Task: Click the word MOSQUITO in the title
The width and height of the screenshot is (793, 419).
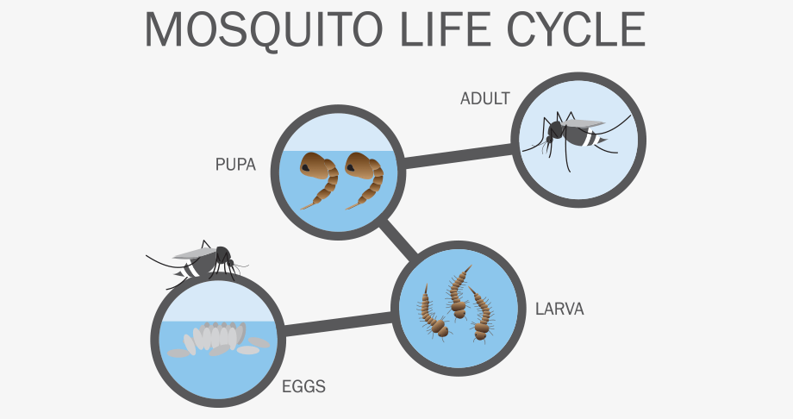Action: [x=264, y=30]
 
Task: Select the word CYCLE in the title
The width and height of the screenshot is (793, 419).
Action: [x=577, y=29]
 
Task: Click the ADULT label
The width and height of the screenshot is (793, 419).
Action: [x=485, y=98]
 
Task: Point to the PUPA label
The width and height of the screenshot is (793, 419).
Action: [x=235, y=165]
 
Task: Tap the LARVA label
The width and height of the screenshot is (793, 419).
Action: [x=559, y=309]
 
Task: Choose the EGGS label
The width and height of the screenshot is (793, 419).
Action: [x=303, y=386]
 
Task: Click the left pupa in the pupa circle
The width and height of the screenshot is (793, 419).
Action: [x=319, y=180]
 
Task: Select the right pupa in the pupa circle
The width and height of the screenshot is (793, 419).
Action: [x=364, y=180]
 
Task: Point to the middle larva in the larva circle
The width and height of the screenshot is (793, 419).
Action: [x=459, y=293]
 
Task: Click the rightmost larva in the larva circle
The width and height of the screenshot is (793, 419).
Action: [x=481, y=314]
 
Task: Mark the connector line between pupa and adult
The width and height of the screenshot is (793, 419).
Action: [x=459, y=155]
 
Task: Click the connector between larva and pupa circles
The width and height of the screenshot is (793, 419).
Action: [x=399, y=237]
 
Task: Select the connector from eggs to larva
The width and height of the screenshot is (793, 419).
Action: [x=338, y=324]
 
